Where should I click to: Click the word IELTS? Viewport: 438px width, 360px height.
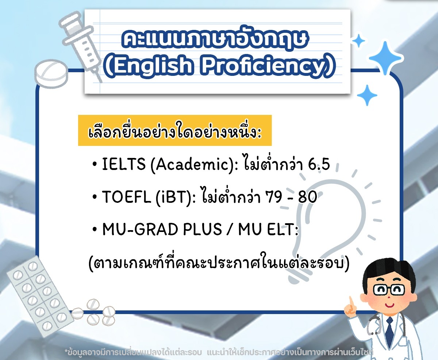(124, 164)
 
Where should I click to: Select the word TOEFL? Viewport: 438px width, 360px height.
(126, 197)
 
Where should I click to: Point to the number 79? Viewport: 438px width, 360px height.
(274, 197)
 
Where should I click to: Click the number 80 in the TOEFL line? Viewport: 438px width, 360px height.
(308, 197)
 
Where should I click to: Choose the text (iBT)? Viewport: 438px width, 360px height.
(174, 197)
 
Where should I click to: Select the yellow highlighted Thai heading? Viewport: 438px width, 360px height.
(175, 130)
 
